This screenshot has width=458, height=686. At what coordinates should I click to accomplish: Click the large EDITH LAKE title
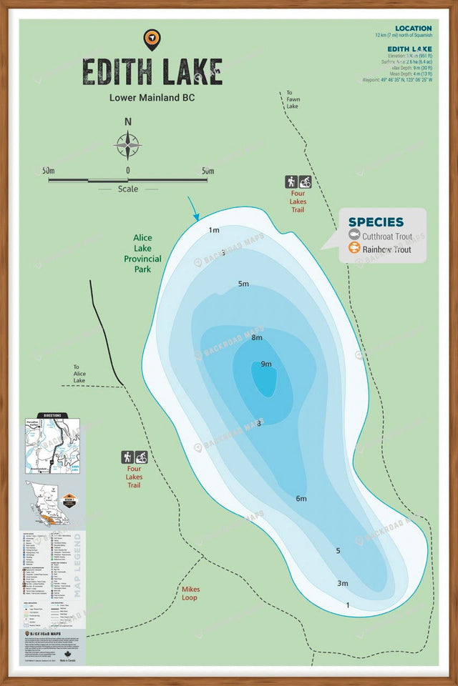[x=152, y=71]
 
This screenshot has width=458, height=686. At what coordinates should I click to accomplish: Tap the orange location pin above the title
[x=152, y=39]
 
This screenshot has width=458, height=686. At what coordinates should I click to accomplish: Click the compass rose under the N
[x=128, y=146]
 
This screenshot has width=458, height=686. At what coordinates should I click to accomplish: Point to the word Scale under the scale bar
[x=128, y=189]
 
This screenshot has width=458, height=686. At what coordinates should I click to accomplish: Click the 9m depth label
[x=266, y=364]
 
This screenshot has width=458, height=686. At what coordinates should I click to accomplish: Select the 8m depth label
[x=257, y=337]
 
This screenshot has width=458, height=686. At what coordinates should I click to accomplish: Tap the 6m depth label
[x=301, y=498]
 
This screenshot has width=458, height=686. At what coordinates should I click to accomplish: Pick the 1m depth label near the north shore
[x=213, y=229]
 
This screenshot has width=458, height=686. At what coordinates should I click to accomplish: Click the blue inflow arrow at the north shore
[x=194, y=209]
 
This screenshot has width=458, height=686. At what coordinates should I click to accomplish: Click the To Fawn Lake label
[x=292, y=99]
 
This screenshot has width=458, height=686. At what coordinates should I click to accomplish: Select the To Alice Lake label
[x=79, y=374]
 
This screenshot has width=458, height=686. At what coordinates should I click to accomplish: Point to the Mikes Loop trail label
[x=190, y=593]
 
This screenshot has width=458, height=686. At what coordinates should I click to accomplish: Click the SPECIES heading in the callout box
[x=376, y=222]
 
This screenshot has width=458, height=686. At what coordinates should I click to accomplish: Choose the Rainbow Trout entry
[x=386, y=249]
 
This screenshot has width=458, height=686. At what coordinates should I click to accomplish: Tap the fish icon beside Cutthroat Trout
[x=354, y=235]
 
